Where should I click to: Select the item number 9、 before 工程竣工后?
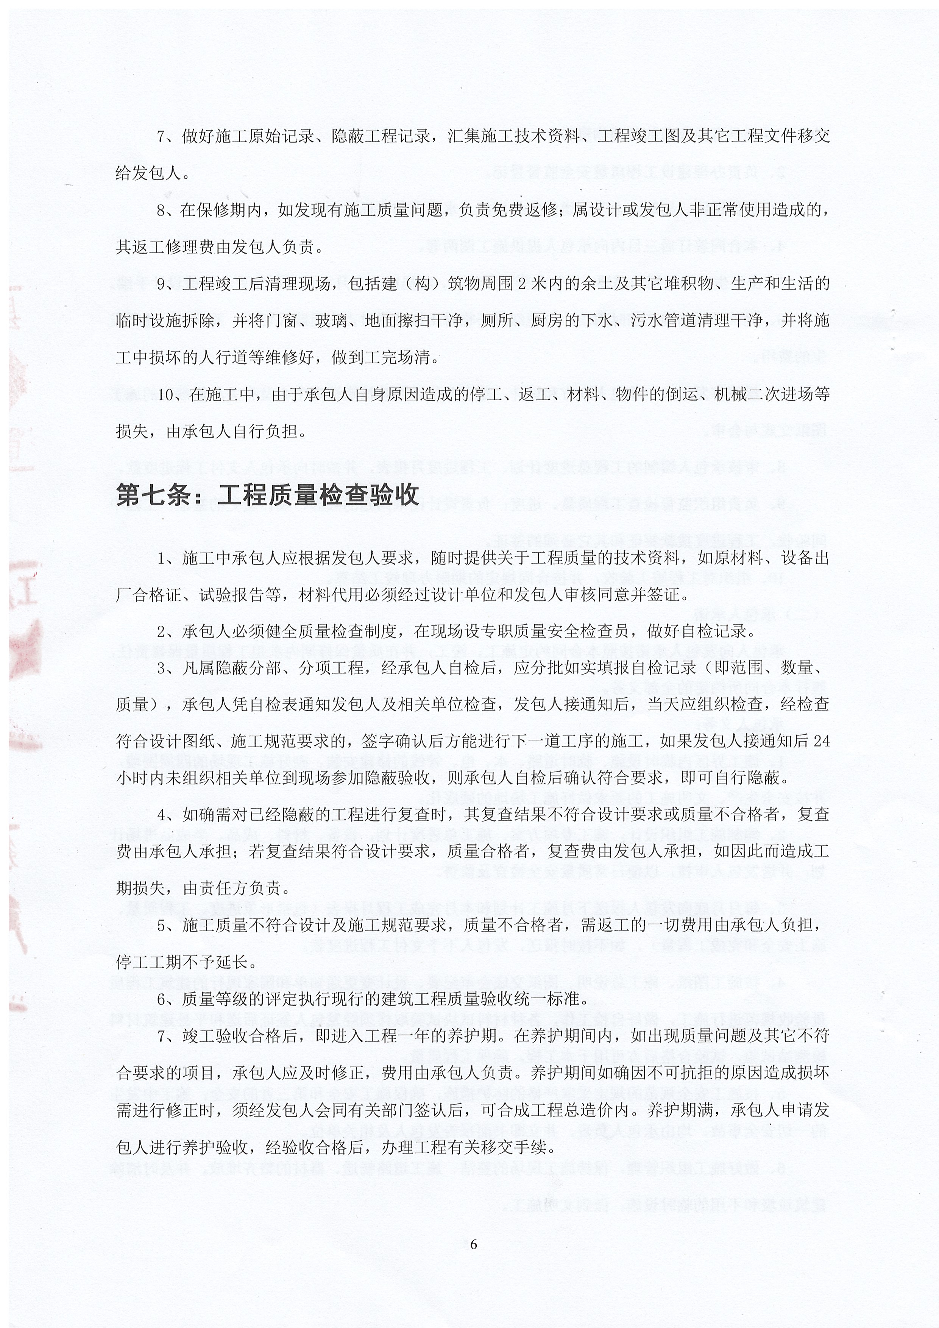point(166,284)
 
